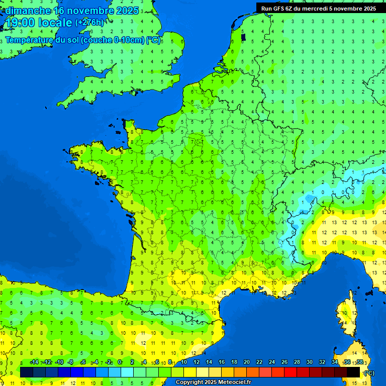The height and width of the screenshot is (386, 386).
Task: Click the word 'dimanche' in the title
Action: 28,11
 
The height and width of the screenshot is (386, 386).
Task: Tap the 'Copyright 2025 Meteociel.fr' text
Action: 213,382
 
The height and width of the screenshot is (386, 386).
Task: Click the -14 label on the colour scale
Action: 34,362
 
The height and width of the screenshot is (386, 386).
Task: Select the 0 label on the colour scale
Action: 120,362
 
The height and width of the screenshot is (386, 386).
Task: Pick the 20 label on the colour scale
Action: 246,362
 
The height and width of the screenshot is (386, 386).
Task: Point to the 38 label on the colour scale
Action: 360,362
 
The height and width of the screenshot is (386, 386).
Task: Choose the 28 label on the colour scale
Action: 297,362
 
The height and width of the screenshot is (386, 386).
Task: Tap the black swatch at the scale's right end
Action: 353,372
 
